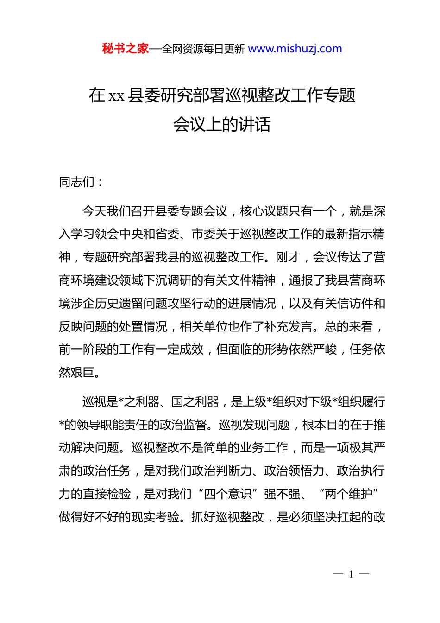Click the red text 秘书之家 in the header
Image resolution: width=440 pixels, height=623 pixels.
click(x=125, y=49)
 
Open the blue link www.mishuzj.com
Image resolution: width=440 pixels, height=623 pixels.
click(x=295, y=49)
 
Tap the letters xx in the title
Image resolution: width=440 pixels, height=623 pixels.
click(x=116, y=96)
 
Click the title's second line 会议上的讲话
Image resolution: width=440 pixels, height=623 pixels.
click(x=222, y=124)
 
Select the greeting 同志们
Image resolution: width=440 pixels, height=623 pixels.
click(x=77, y=182)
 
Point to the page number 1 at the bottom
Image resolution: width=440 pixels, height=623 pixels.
click(x=351, y=574)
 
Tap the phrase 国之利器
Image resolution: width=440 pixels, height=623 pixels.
click(x=195, y=401)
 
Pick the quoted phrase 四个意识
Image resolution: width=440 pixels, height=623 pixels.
click(x=228, y=494)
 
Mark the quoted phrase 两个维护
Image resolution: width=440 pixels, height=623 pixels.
click(x=349, y=494)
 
